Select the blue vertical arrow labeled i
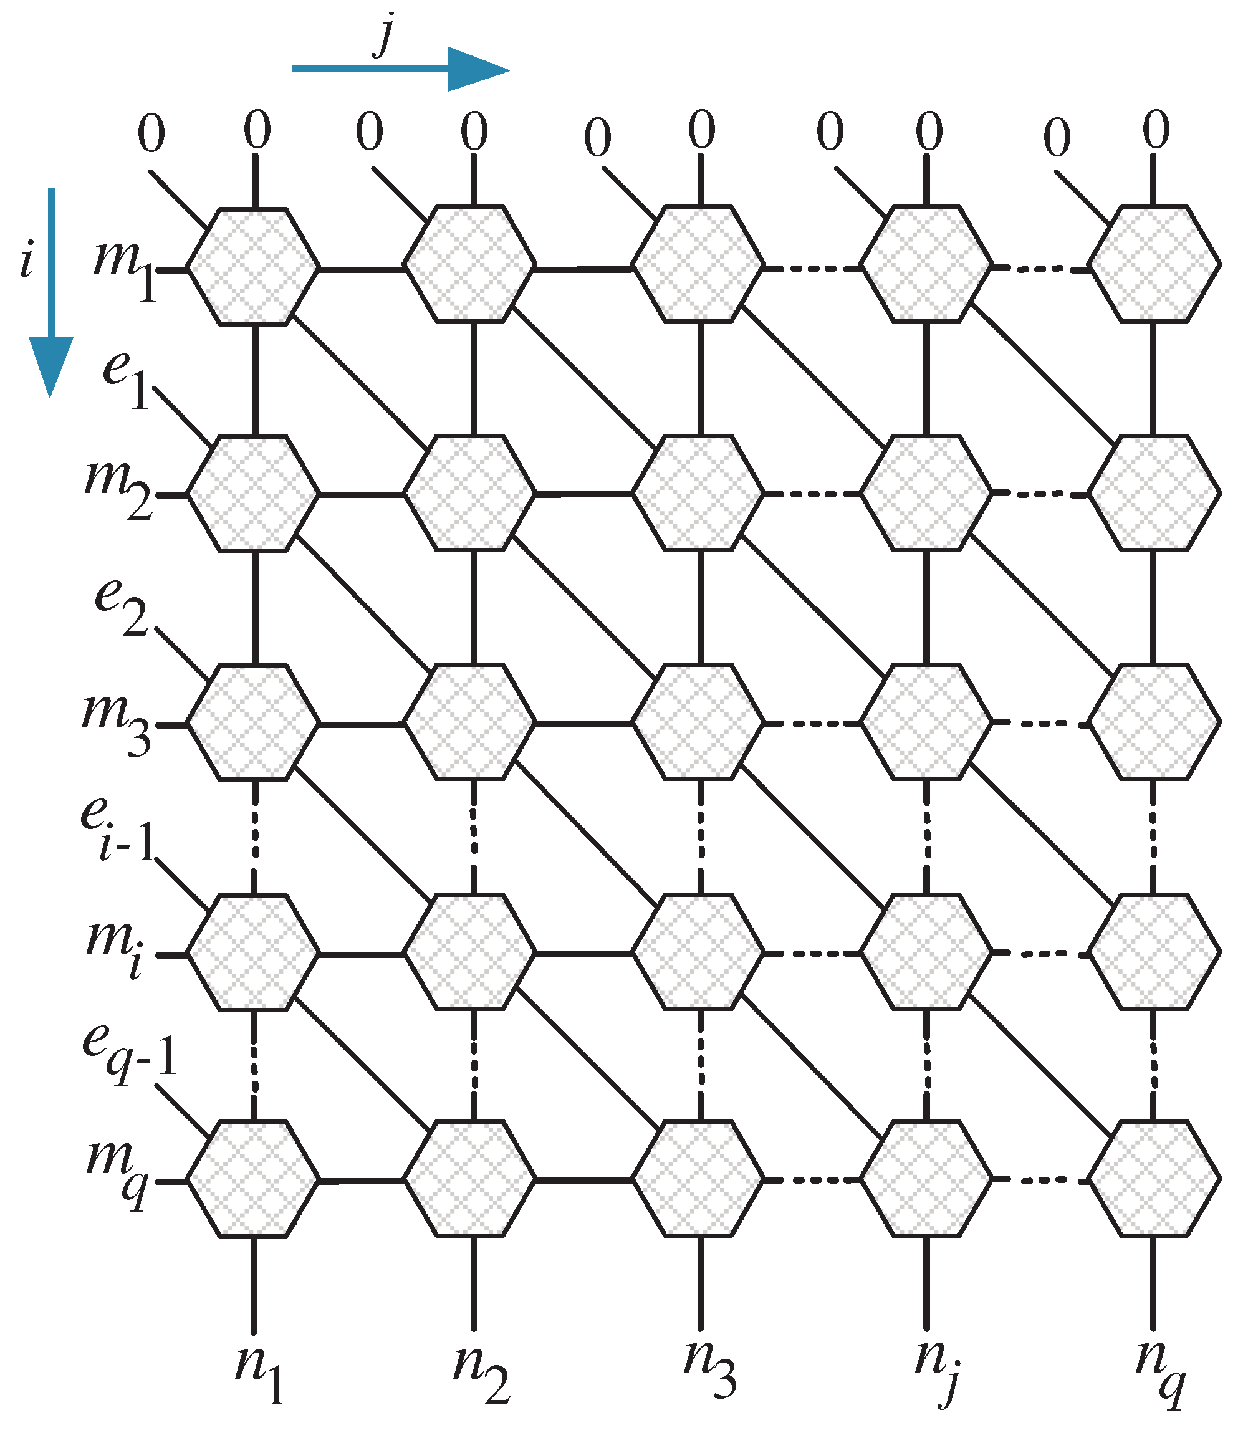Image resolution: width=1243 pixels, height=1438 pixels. pos(50,292)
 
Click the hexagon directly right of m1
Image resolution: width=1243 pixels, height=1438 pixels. pos(254,267)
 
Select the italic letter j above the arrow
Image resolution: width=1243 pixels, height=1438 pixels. pos(384,35)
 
